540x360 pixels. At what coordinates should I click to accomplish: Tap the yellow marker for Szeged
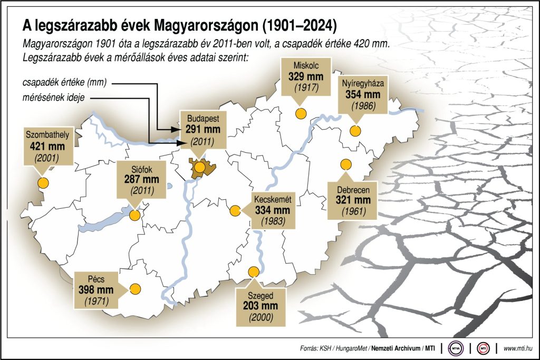[x=254, y=272]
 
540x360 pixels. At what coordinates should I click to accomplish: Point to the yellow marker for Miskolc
[x=301, y=113]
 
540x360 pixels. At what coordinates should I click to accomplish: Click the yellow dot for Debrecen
[x=346, y=163]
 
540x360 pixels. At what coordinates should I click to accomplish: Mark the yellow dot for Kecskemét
[x=235, y=211]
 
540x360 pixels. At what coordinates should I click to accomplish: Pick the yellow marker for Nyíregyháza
[x=356, y=131]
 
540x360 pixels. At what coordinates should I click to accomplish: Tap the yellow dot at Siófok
[x=135, y=215]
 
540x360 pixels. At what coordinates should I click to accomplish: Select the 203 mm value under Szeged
[x=261, y=306]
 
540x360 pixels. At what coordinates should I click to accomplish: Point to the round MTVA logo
[x=455, y=348]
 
